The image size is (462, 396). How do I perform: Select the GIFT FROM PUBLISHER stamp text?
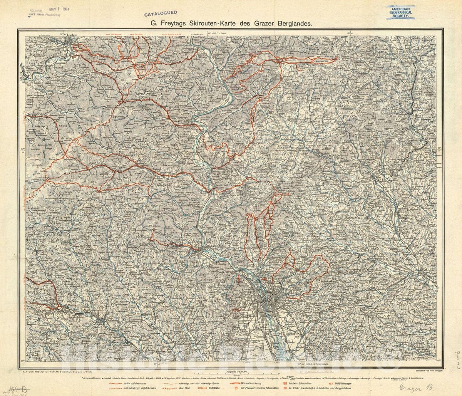pos(44,15)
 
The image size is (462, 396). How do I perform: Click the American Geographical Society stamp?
pos(401,12)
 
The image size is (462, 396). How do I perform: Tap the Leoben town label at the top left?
pos(72,35)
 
